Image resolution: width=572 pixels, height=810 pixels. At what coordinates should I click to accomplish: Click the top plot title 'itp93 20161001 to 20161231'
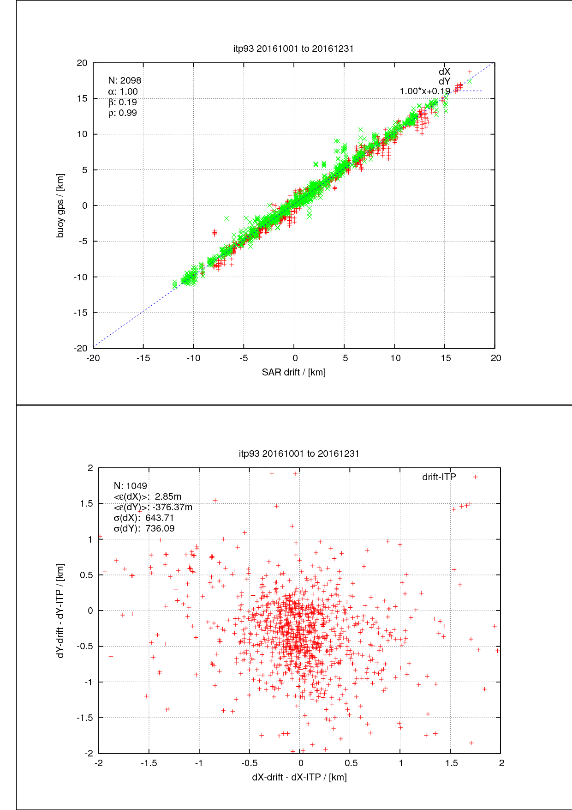pyautogui.click(x=293, y=48)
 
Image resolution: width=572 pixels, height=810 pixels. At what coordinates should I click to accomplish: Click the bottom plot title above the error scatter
pyautogui.click(x=299, y=453)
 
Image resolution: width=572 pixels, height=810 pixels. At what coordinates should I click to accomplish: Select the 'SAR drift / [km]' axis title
pyautogui.click(x=293, y=372)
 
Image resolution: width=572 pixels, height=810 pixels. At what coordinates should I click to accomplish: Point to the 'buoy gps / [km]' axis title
pyautogui.click(x=60, y=206)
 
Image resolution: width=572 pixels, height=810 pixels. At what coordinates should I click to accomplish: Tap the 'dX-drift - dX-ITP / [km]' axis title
pyautogui.click(x=299, y=777)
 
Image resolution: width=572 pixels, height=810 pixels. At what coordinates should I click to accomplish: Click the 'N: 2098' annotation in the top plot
pyautogui.click(x=125, y=81)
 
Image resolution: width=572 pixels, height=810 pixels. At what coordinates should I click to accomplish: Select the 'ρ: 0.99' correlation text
pyautogui.click(x=123, y=113)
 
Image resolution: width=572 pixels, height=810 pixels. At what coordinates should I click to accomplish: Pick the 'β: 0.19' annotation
pyautogui.click(x=123, y=103)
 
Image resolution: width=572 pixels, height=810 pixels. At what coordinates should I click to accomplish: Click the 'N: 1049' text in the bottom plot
pyautogui.click(x=131, y=486)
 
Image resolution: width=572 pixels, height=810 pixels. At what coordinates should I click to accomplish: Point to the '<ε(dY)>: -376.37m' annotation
pyautogui.click(x=153, y=507)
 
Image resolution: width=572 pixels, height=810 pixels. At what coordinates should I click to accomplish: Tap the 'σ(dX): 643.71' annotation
pyautogui.click(x=144, y=518)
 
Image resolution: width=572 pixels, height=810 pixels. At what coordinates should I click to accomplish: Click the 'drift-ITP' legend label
pyautogui.click(x=439, y=477)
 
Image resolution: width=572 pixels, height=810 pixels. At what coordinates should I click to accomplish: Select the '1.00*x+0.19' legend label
pyautogui.click(x=424, y=91)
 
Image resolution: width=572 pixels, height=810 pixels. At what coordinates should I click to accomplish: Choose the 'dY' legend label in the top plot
pyautogui.click(x=444, y=82)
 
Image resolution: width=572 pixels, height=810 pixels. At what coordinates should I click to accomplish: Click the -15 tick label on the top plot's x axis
pyautogui.click(x=143, y=358)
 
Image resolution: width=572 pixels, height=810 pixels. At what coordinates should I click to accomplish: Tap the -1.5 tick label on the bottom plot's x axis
pyautogui.click(x=149, y=763)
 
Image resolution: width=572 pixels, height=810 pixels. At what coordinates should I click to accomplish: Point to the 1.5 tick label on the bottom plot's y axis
pyautogui.click(x=86, y=504)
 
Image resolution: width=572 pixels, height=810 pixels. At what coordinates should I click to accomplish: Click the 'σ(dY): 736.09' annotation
pyautogui.click(x=144, y=528)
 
